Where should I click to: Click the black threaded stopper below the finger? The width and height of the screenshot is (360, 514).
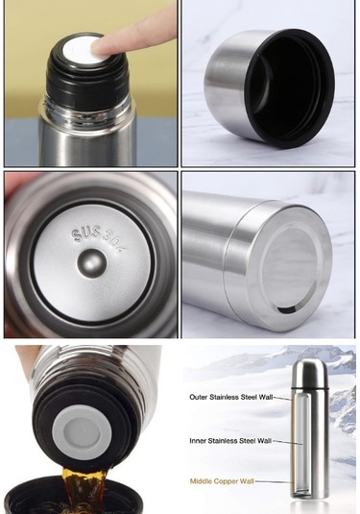pyautogui.click(x=87, y=82)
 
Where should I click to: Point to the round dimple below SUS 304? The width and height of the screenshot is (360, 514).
pyautogui.click(x=92, y=263)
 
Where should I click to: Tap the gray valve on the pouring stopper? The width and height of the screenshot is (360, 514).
pyautogui.click(x=82, y=432)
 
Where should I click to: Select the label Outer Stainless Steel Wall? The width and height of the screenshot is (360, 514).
pyautogui.click(x=231, y=398)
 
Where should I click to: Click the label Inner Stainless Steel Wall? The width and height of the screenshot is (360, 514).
pyautogui.click(x=230, y=441)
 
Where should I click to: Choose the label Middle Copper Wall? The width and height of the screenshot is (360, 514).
pyautogui.click(x=222, y=481)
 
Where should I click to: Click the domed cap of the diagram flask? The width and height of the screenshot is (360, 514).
pyautogui.click(x=309, y=373)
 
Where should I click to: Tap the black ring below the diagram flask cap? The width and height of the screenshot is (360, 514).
pyautogui.click(x=309, y=388)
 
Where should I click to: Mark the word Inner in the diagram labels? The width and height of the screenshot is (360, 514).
pyautogui.click(x=198, y=441)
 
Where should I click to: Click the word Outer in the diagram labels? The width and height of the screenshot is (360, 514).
pyautogui.click(x=199, y=398)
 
